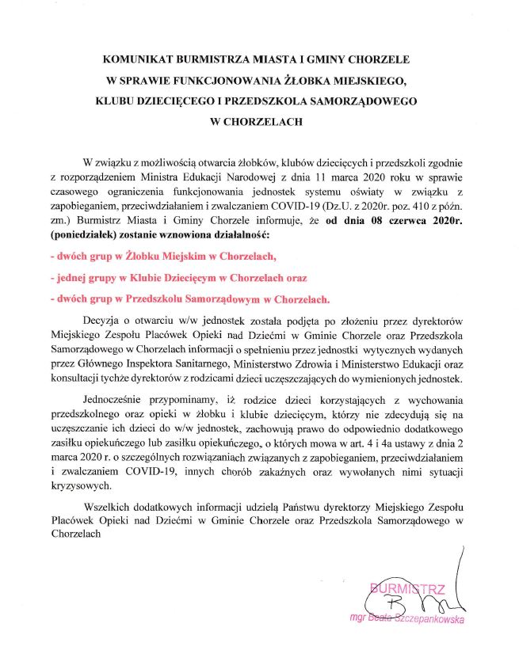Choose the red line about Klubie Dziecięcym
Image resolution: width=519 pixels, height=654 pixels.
(x=177, y=279)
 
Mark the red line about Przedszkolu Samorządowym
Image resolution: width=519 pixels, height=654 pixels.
(x=189, y=300)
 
